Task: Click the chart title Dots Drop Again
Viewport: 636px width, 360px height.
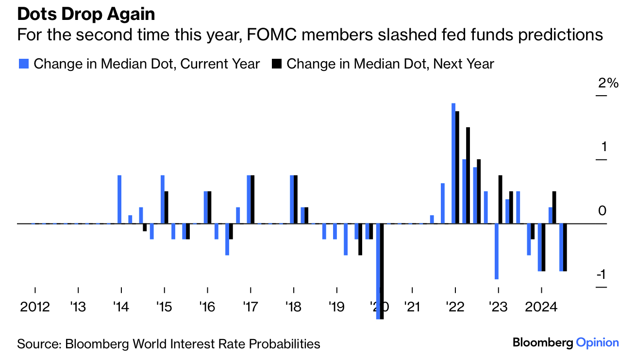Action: click(86, 14)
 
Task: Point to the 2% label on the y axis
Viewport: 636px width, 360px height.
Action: click(608, 84)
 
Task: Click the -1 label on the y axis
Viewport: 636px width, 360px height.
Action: click(601, 275)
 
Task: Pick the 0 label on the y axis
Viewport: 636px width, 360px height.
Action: click(603, 211)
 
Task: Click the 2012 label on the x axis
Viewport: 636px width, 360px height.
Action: click(35, 308)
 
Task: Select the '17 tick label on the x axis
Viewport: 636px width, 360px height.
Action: click(251, 308)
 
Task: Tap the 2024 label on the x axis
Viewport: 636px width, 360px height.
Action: click(541, 308)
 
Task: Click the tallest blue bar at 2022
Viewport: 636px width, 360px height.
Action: click(453, 163)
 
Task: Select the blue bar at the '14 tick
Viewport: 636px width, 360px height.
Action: click(119, 199)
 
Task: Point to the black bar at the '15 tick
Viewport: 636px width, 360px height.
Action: click(167, 207)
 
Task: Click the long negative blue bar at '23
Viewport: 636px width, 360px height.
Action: click(497, 251)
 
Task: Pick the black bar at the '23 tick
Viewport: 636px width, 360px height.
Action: click(501, 199)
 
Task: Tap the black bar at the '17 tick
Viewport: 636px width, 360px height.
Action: click(252, 199)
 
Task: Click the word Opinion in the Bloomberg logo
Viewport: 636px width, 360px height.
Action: click(597, 343)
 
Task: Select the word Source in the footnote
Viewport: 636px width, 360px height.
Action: click(37, 344)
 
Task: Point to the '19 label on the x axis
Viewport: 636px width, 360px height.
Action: click(336, 308)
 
